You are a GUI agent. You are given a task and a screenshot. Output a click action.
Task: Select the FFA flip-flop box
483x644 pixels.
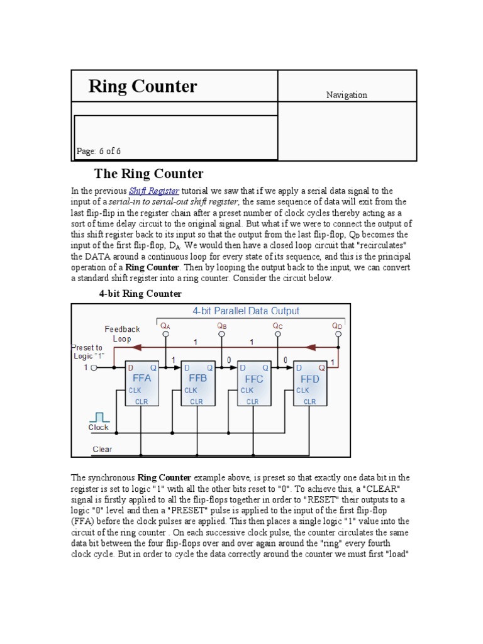click(x=142, y=384)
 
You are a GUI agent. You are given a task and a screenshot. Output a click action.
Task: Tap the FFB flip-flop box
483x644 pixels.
click(x=198, y=384)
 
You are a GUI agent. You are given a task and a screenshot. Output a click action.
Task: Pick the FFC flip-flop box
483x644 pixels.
click(x=253, y=384)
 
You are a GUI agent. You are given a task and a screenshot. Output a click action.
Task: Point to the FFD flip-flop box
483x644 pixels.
click(x=309, y=384)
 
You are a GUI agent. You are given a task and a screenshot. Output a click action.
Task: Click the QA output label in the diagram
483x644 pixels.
click(x=165, y=326)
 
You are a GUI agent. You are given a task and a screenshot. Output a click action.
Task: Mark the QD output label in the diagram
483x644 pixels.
click(x=337, y=326)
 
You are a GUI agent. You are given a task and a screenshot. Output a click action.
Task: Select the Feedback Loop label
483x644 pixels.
click(x=122, y=334)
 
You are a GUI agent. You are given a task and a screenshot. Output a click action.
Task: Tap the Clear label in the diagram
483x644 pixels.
click(x=102, y=449)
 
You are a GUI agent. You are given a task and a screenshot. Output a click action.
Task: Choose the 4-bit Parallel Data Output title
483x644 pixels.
click(x=245, y=311)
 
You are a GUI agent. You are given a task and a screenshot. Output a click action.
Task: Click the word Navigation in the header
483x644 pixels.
click(x=347, y=95)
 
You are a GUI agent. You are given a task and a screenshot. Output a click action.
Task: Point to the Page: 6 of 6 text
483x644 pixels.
click(x=99, y=151)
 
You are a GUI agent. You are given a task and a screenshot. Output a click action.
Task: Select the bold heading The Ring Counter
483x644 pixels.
click(x=148, y=174)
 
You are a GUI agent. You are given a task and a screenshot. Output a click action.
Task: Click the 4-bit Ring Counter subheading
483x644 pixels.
click(x=140, y=293)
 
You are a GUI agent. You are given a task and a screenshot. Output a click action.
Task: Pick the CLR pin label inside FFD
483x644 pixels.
click(x=310, y=401)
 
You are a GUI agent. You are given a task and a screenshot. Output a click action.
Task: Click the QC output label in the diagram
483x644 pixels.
click(x=277, y=326)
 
